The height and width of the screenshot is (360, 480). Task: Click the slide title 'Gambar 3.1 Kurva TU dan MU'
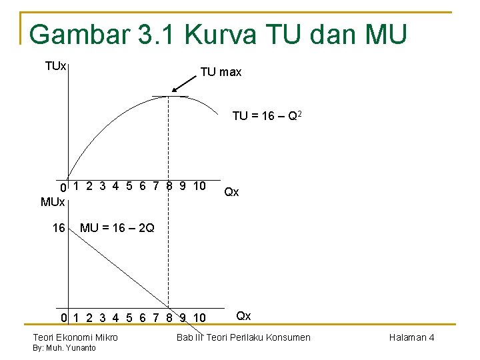tap(217, 34)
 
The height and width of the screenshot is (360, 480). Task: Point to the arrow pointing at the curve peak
tap(185, 83)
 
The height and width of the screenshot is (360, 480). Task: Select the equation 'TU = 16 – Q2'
tap(269, 117)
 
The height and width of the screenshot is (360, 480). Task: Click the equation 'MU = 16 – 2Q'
tap(117, 228)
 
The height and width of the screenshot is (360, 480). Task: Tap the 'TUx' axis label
tap(55, 66)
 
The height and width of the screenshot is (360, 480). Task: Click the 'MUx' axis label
tap(53, 201)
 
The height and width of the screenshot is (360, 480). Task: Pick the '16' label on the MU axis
tap(59, 228)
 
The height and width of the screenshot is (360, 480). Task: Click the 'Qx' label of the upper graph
tap(231, 192)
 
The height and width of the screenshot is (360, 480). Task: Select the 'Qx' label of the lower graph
tap(244, 315)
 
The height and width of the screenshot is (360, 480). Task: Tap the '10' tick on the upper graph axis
tap(199, 185)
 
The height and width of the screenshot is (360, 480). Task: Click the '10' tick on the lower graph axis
tap(199, 317)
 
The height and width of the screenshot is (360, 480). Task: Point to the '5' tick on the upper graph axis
tap(129, 185)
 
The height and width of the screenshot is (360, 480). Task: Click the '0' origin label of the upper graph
tap(63, 187)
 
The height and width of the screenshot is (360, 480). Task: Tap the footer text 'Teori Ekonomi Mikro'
tap(75, 337)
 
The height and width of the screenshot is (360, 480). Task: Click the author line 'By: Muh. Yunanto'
tap(64, 348)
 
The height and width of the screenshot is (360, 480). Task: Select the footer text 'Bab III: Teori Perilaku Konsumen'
tap(243, 337)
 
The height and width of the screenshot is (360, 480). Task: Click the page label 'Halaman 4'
tap(411, 337)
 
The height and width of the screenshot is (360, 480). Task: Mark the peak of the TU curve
tap(169, 97)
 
